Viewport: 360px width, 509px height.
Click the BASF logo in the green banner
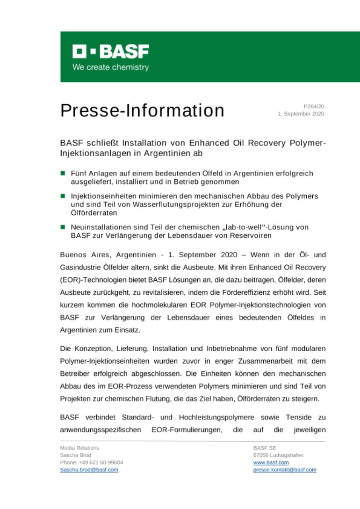click(x=111, y=51)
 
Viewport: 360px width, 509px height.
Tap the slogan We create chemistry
click(x=111, y=67)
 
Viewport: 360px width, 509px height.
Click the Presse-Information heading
click(x=142, y=110)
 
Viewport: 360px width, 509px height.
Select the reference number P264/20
click(x=314, y=106)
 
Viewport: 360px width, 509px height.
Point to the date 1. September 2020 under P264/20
click(x=301, y=114)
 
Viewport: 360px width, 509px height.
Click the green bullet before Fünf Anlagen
click(x=63, y=173)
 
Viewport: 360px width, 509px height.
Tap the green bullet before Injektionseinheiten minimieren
click(x=63, y=196)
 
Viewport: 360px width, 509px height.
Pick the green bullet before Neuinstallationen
click(x=63, y=227)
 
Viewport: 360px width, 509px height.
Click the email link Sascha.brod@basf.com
click(x=89, y=470)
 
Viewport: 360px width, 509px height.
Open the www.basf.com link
click(x=271, y=462)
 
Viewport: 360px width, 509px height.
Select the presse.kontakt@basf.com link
click(x=285, y=470)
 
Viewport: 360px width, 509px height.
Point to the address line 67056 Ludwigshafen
click(x=278, y=455)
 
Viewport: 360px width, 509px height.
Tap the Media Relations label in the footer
click(x=80, y=448)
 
